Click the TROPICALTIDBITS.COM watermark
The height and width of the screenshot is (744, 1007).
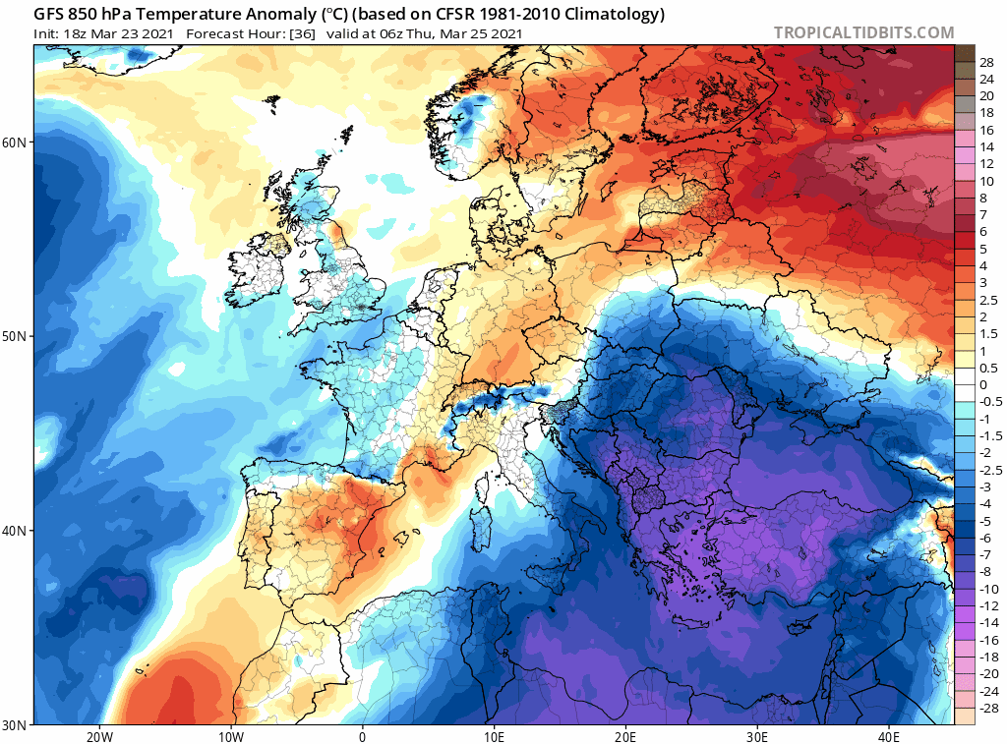pyautogui.click(x=863, y=32)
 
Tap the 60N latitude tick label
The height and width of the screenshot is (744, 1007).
pyautogui.click(x=14, y=143)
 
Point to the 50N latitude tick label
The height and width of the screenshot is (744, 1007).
pyautogui.click(x=14, y=336)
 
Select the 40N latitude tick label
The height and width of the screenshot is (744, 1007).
pyautogui.click(x=14, y=531)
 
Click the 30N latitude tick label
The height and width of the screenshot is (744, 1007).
pyautogui.click(x=14, y=724)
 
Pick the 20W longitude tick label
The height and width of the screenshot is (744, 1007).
pyautogui.click(x=99, y=736)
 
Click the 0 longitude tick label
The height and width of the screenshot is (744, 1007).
pyautogui.click(x=362, y=736)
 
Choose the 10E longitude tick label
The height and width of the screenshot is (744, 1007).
pyautogui.click(x=494, y=736)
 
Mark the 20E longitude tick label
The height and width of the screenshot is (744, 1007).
pyautogui.click(x=625, y=736)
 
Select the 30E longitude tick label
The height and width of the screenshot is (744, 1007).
pyautogui.click(x=757, y=736)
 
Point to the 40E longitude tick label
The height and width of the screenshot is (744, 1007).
pyautogui.click(x=889, y=736)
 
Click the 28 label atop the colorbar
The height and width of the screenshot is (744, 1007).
pyautogui.click(x=986, y=62)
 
